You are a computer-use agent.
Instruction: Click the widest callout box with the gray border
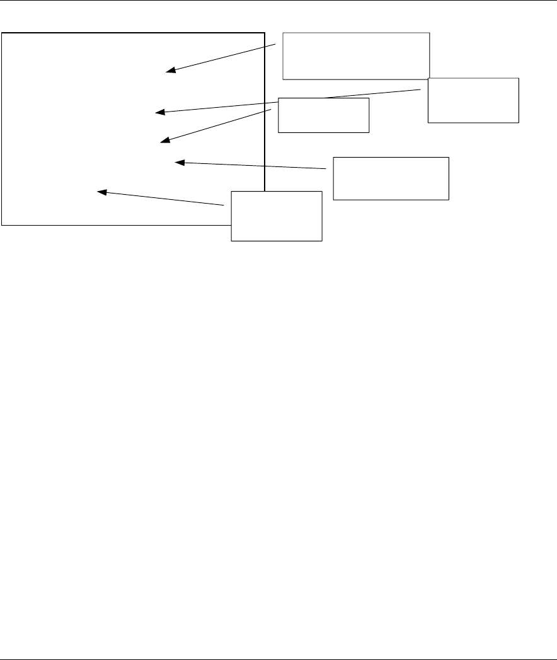356,55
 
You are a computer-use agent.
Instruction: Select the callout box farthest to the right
473,100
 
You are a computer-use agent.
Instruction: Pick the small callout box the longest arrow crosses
323,115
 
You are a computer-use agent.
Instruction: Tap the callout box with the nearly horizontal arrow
391,178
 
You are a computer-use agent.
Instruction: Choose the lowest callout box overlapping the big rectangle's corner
277,216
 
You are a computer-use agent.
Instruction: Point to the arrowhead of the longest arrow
159,113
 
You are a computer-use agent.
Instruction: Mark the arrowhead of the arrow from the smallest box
164,141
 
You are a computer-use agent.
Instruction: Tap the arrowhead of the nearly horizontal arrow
178,163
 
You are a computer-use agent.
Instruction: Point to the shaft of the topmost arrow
221,59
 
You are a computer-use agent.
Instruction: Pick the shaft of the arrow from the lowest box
164,198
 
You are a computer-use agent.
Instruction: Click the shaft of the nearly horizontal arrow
252,166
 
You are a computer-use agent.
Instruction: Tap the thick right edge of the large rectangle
264,126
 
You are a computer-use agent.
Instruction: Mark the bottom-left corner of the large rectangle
2,224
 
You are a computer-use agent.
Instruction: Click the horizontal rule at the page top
278,1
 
